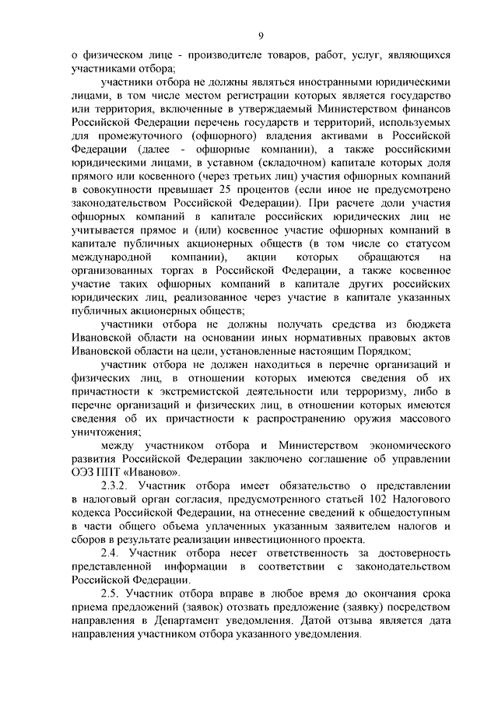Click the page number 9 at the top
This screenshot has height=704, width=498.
261,35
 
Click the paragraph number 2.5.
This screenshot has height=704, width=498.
111,593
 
